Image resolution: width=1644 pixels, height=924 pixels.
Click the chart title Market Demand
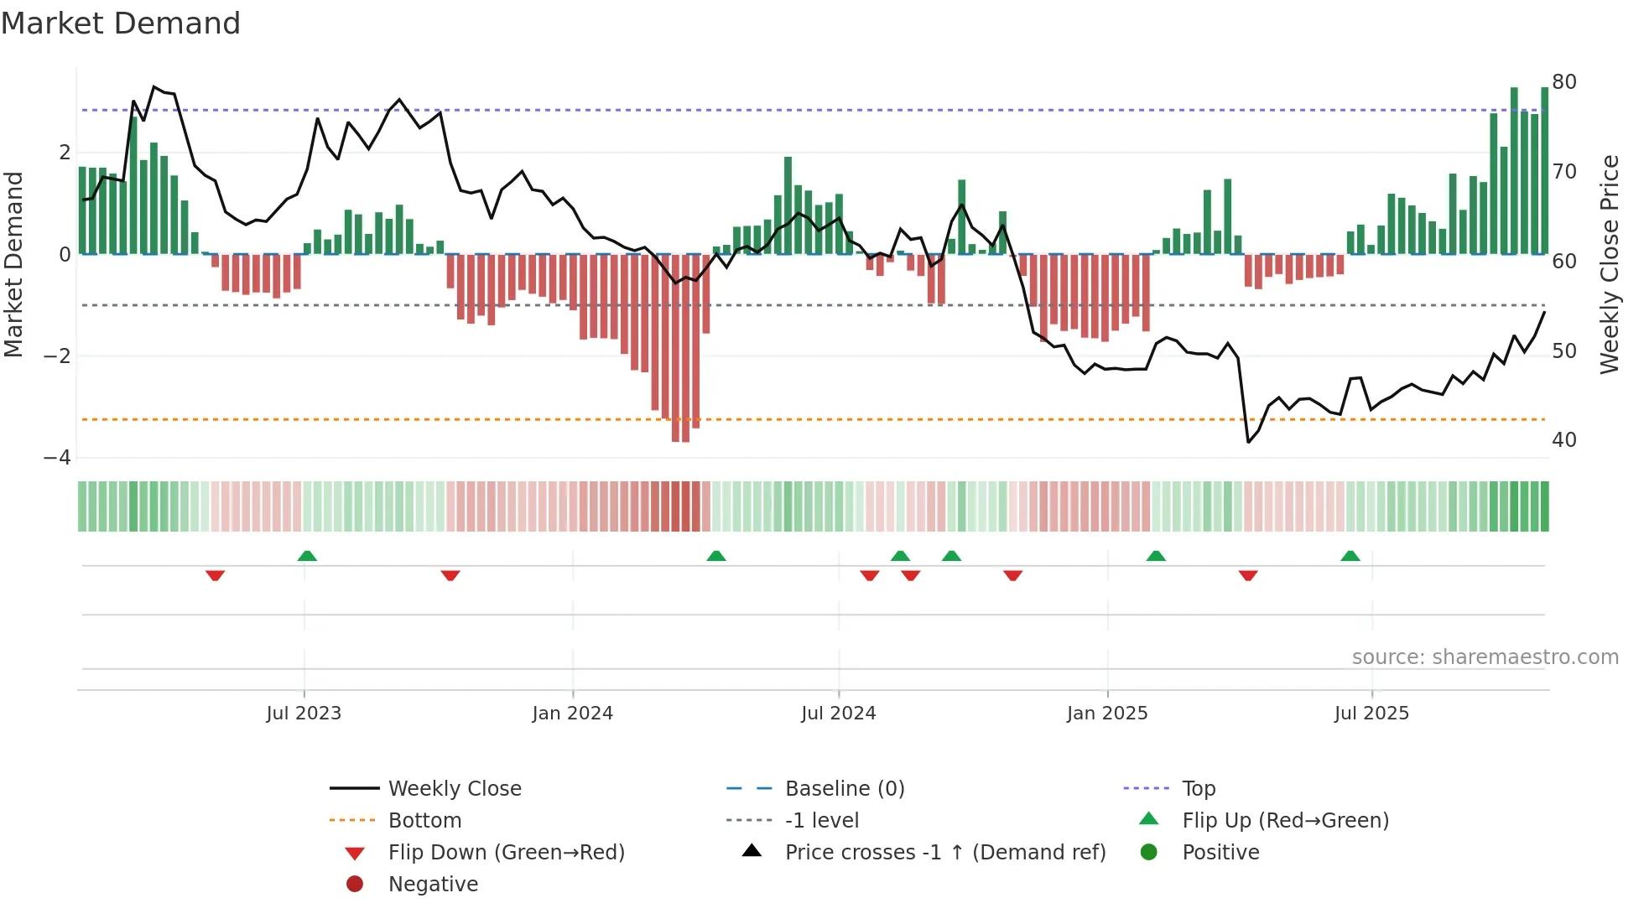click(x=121, y=23)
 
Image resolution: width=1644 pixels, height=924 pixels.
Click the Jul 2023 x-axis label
click(x=304, y=714)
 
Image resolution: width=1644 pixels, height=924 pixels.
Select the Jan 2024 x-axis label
click(x=573, y=714)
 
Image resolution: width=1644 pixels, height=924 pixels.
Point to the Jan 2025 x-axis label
click(x=1107, y=714)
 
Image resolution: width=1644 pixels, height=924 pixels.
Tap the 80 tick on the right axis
click(x=1564, y=82)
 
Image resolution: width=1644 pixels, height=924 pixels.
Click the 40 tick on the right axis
click(x=1564, y=440)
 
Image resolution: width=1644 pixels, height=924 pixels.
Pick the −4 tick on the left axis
click(x=58, y=458)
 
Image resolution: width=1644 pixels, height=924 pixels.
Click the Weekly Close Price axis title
click(x=1609, y=264)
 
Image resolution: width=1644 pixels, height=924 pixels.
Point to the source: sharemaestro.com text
click(x=1485, y=657)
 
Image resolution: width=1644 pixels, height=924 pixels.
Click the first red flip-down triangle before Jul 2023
click(x=215, y=575)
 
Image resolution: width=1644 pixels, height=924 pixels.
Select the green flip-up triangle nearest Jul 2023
click(x=307, y=556)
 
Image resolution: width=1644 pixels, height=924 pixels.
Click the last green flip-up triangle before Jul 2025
click(x=1350, y=556)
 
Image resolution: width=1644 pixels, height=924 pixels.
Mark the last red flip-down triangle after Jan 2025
click(x=1248, y=575)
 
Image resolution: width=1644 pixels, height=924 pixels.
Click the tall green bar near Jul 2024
click(x=788, y=205)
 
